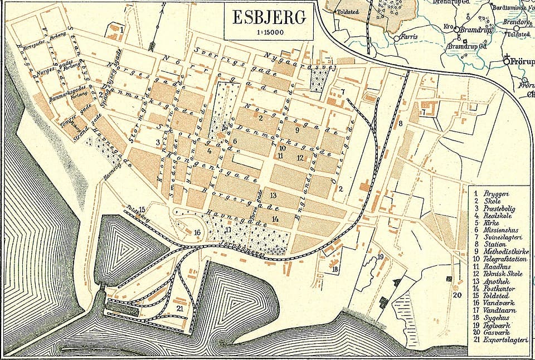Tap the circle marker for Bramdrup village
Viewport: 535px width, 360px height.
456,30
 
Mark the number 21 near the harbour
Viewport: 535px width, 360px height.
179,308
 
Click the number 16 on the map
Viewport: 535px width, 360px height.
197,232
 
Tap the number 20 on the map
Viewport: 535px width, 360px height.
457,295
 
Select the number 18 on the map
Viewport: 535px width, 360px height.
335,270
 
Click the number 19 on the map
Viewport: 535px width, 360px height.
381,256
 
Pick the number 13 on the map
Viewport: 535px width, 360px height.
273,196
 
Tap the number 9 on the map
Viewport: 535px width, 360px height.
298,130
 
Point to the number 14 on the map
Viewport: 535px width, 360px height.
275,218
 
